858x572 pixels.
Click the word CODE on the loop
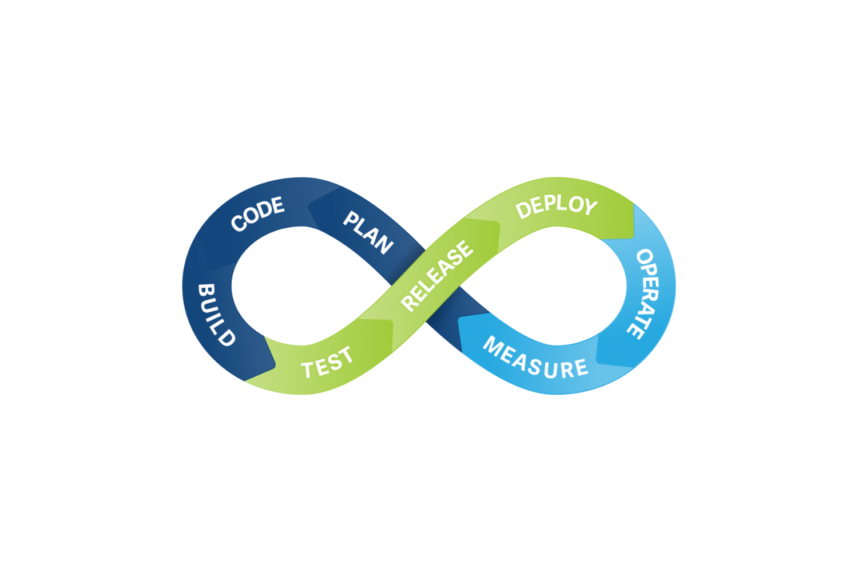point(258,213)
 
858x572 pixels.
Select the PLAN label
point(368,233)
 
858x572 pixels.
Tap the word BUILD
point(216,315)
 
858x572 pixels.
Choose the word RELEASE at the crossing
point(437,276)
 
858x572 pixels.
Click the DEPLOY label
point(556,207)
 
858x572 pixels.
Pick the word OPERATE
point(645,294)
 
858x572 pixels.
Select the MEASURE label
point(535,358)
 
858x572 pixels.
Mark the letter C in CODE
point(239,224)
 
